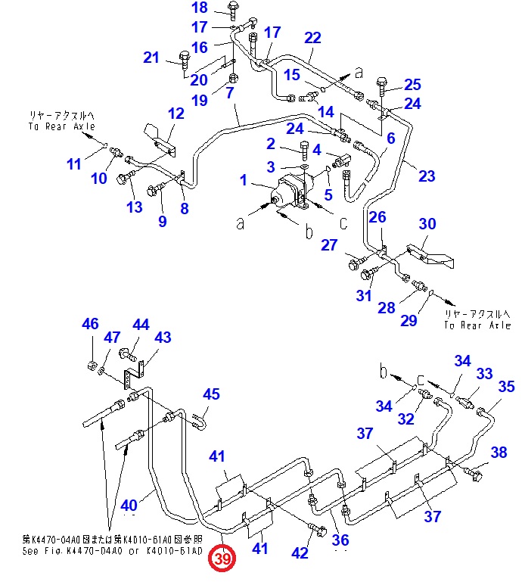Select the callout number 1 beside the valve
(x=244, y=180)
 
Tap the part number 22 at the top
(x=312, y=38)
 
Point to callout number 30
(x=427, y=223)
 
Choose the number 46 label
(x=91, y=325)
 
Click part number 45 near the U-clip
(x=211, y=394)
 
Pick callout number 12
(x=176, y=114)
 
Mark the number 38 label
(x=499, y=453)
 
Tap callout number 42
(x=300, y=553)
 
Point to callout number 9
(x=162, y=221)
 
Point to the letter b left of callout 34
(x=384, y=372)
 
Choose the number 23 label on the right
(x=427, y=176)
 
